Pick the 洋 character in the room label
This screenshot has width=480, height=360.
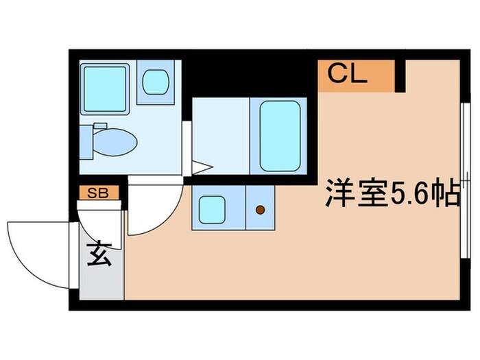click(x=339, y=195)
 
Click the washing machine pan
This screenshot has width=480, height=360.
click(x=105, y=88)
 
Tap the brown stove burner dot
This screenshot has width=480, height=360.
click(x=260, y=210)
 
